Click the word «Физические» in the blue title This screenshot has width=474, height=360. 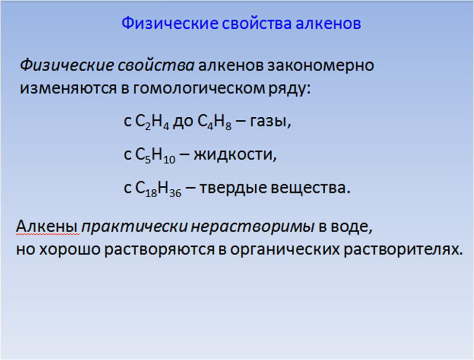[x=170, y=24]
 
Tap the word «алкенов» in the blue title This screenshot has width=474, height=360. [x=328, y=24]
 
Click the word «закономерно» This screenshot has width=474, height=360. [x=320, y=66]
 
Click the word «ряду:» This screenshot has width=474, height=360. [x=290, y=89]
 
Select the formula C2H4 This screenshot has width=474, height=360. [x=152, y=122]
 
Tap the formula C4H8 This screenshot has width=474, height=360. [x=214, y=122]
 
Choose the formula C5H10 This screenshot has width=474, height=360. [x=155, y=155]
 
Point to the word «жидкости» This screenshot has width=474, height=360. [x=235, y=155]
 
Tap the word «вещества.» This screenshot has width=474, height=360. [x=311, y=188]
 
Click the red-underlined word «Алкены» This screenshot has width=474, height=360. [x=48, y=226]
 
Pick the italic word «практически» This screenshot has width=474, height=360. [x=135, y=227]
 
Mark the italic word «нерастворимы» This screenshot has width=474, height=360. [x=253, y=227]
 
